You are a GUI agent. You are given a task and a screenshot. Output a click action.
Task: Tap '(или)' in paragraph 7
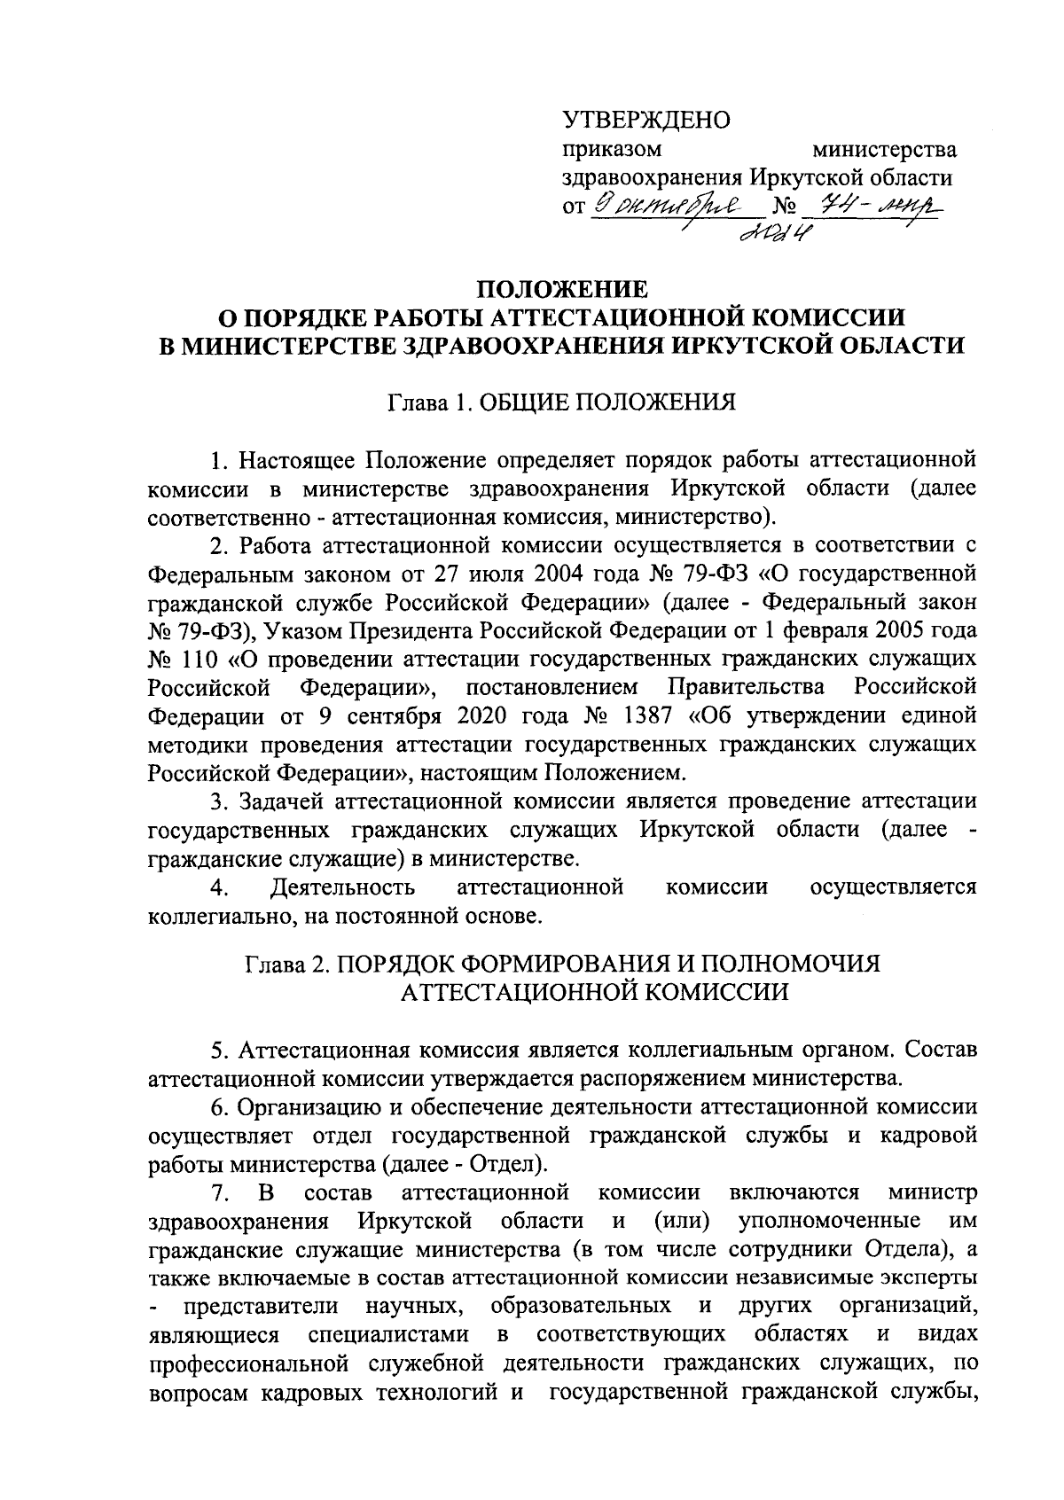pyautogui.click(x=684, y=1220)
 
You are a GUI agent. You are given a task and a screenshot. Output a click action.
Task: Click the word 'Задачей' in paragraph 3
pyautogui.click(x=283, y=801)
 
